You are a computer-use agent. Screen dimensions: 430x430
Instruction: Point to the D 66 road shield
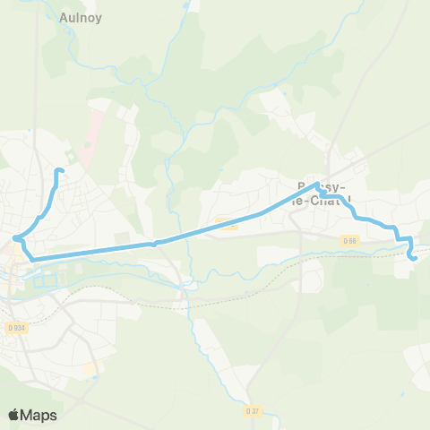[x=349, y=240]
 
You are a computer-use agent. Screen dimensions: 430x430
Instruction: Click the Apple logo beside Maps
[x=14, y=415]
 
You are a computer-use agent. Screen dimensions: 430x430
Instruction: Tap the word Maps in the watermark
[x=40, y=415]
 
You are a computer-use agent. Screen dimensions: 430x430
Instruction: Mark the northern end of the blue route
[x=59, y=170]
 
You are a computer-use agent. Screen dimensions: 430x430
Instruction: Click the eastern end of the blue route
[x=413, y=258]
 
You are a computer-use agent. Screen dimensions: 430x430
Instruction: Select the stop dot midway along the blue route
[x=155, y=242]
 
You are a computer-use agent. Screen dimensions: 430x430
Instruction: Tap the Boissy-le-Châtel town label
[x=322, y=193]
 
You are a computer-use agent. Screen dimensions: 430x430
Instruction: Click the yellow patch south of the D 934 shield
[x=89, y=368]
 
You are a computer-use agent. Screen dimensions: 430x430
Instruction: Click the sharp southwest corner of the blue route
[x=34, y=259]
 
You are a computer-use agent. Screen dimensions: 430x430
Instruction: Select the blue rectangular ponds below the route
[x=45, y=281]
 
